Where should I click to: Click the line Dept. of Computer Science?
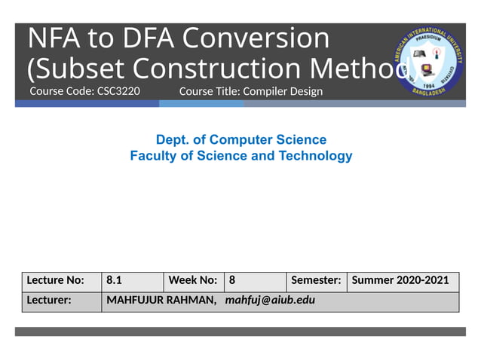[240, 140]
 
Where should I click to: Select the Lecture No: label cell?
[61, 280]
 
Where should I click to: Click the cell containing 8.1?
[132, 280]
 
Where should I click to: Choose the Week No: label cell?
[193, 280]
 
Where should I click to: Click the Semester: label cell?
[316, 280]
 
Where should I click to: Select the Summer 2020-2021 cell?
[401, 280]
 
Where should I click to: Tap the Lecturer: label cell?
[61, 301]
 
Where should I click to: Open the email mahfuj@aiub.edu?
[270, 301]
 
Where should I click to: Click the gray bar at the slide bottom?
[240, 331]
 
